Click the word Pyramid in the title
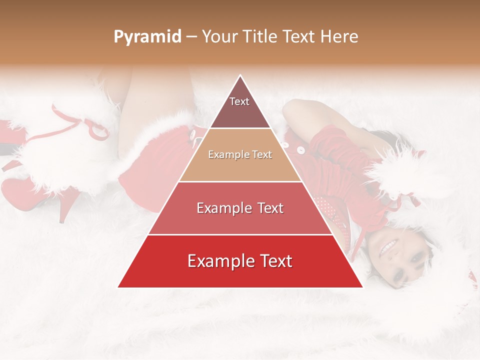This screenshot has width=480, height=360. (x=147, y=37)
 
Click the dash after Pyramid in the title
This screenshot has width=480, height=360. (x=191, y=37)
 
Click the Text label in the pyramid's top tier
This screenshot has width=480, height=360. (x=239, y=101)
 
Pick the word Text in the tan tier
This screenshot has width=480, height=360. (x=261, y=155)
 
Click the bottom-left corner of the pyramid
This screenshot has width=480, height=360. (x=118, y=287)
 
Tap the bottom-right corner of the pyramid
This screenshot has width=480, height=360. (x=362, y=287)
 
